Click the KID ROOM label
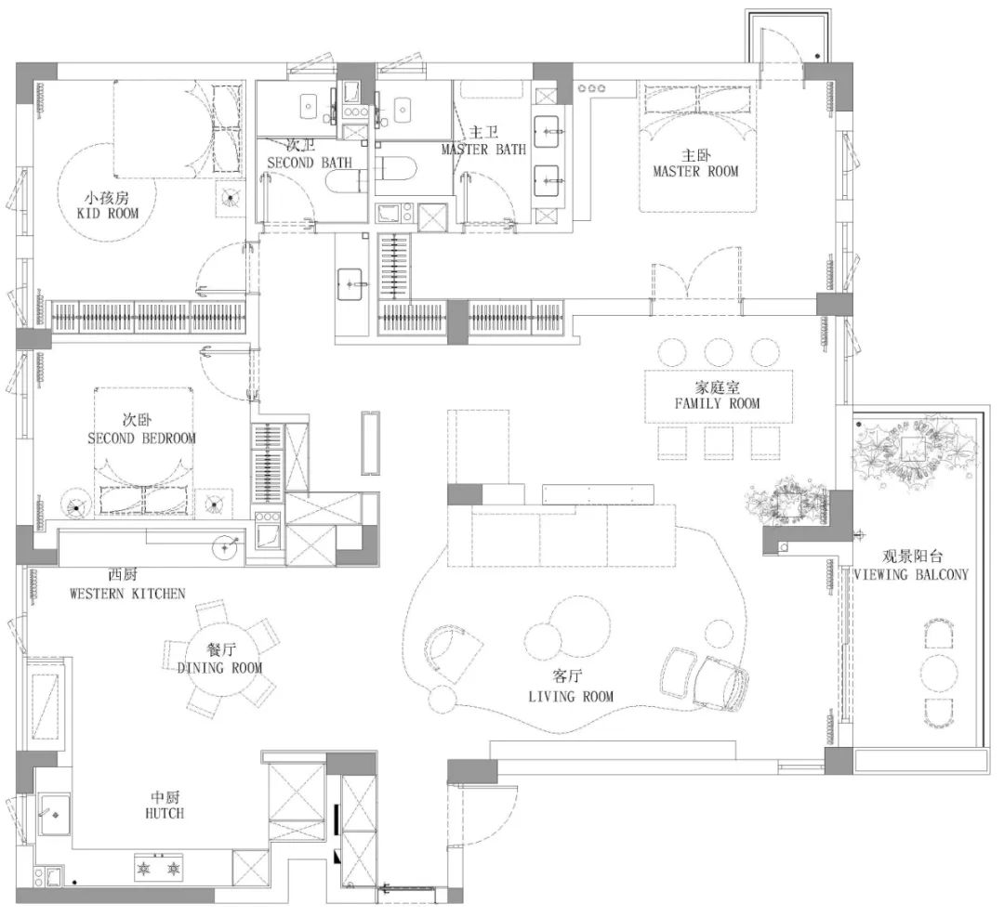point(108,213)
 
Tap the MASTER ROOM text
point(695,172)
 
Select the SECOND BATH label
point(310,163)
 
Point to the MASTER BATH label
point(483,149)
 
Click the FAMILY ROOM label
point(717,403)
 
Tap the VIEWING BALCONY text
point(911,574)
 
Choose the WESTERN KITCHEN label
point(127,593)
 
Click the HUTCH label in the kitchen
point(165,813)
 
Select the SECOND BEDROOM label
point(141,439)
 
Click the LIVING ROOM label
point(571,696)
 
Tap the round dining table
point(221,658)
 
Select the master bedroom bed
point(698,146)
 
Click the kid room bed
point(178,128)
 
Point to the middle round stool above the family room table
point(719,352)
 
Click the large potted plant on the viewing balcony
point(915,447)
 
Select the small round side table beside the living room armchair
point(442,698)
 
